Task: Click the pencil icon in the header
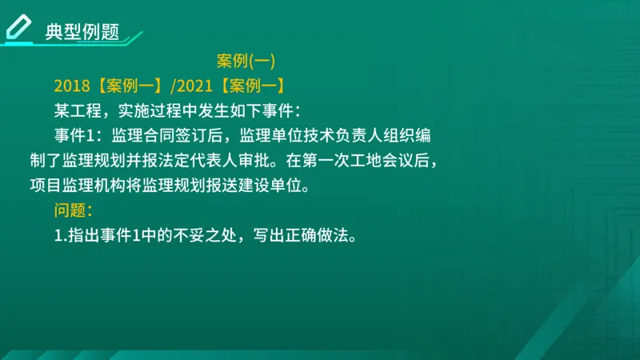(x=18, y=26)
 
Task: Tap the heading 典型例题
(x=82, y=32)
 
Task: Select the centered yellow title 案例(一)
(x=246, y=62)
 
